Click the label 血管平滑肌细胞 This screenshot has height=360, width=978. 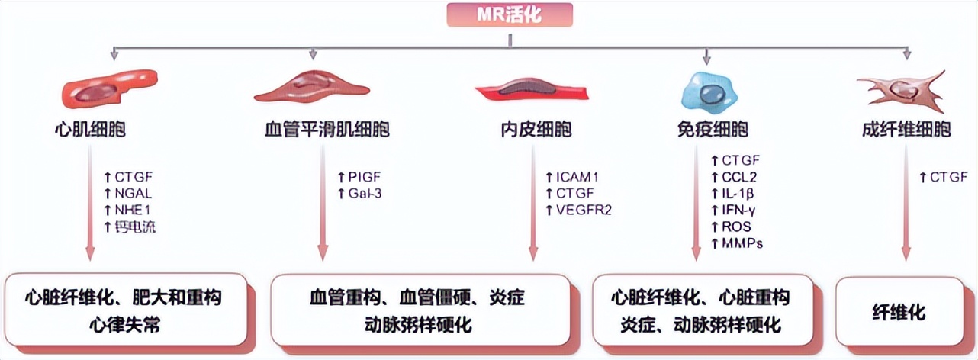323,130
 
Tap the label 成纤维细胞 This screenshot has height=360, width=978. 905,130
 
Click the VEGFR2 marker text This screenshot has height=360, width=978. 584,210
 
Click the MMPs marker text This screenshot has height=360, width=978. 742,243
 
